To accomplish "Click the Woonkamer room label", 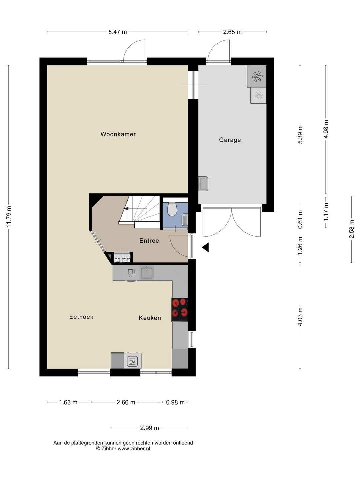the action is [x=118, y=134].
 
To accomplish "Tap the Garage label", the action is [x=230, y=140].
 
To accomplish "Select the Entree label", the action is [x=149, y=241].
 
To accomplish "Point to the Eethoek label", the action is [x=81, y=317].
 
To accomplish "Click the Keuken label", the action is [x=150, y=318].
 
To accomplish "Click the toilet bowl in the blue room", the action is [x=172, y=209].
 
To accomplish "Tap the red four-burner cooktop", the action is [x=180, y=310].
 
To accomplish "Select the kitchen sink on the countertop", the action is [x=146, y=272].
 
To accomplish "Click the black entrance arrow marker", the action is [x=205, y=247].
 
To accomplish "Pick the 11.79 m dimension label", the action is [x=9, y=217].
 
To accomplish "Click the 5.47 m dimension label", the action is [x=118, y=32].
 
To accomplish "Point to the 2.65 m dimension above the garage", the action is [x=232, y=32].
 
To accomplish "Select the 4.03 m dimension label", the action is [x=300, y=317].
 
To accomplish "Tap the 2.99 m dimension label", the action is [x=150, y=428].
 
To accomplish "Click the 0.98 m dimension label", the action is [x=175, y=402].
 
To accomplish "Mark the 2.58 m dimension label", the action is [x=352, y=229].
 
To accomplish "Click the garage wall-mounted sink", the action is [x=203, y=184].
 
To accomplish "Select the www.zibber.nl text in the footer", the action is [x=134, y=449].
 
